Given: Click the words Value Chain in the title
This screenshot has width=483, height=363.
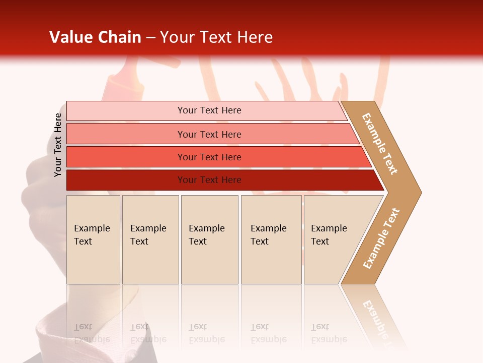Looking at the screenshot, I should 95,37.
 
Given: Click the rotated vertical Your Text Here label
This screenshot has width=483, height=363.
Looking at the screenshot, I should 58,145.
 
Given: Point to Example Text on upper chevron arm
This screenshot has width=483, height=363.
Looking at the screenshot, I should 380,144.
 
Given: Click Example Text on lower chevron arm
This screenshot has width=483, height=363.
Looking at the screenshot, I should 381,238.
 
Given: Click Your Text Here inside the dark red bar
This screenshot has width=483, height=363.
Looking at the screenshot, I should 209,180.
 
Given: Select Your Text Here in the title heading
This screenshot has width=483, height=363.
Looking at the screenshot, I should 216,37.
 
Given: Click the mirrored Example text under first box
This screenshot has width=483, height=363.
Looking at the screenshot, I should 92,339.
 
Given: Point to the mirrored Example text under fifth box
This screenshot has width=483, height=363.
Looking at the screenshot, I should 329,339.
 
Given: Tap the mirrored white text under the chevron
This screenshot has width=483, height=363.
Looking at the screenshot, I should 375,315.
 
